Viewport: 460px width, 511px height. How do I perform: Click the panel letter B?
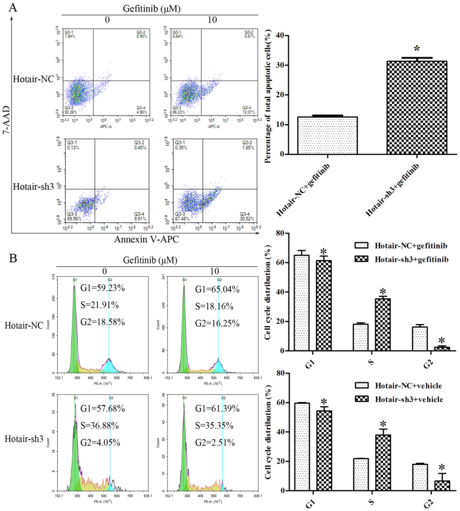pyautogui.click(x=13, y=258)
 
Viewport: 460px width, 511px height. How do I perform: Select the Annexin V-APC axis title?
pyautogui.click(x=146, y=239)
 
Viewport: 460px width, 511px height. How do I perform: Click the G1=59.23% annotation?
pyautogui.click(x=102, y=288)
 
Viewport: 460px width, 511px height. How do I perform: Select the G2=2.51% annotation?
pyautogui.click(x=215, y=443)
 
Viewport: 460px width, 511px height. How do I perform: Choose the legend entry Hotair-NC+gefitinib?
pyautogui.click(x=411, y=246)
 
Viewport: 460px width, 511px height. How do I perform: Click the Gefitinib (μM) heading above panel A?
pyautogui.click(x=151, y=9)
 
